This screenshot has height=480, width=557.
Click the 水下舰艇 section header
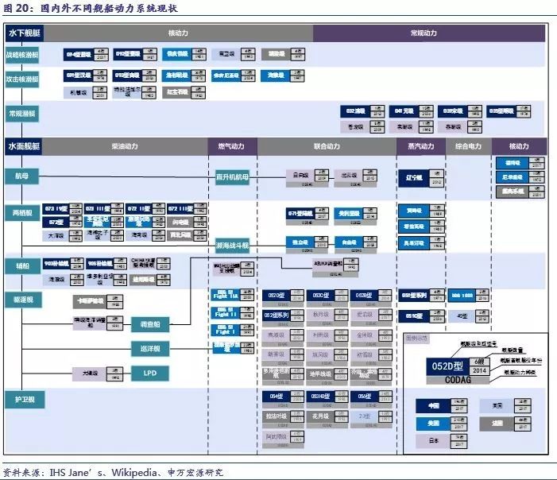point(25,33)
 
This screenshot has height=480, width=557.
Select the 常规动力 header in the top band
point(424,33)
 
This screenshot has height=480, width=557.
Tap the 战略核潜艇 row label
point(22,56)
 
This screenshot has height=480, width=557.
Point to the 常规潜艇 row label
point(22,114)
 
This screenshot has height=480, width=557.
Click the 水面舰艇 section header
point(25,146)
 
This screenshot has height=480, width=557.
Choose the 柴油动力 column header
point(125,146)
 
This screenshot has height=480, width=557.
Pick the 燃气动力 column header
point(231,146)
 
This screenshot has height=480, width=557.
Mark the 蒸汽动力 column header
point(420,146)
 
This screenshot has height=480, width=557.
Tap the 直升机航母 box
point(232,176)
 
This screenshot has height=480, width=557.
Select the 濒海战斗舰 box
point(232,245)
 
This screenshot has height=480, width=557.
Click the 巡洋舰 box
point(150,349)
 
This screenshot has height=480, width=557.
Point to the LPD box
point(150,372)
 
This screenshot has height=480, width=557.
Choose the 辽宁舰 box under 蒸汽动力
point(413,177)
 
